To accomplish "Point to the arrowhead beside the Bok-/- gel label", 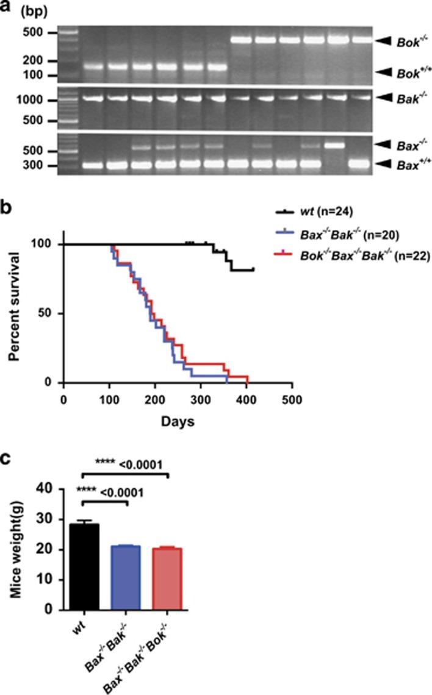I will click(x=387, y=41).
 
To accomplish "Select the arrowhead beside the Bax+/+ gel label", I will click(x=387, y=163).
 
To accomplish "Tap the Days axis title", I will click(x=178, y=421).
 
